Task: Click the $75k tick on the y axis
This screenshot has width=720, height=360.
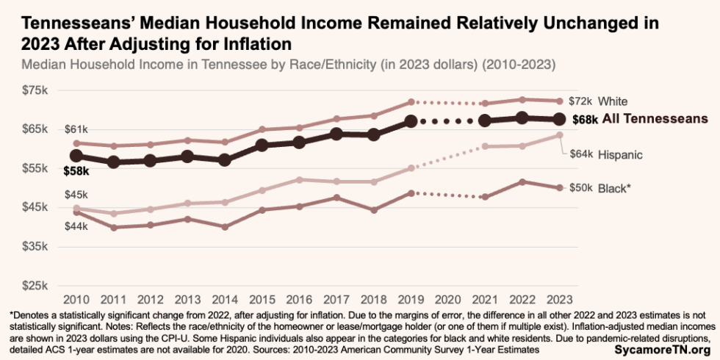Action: point(35,90)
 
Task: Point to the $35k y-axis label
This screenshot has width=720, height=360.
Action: point(35,246)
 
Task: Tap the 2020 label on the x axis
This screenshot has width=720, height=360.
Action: point(449,300)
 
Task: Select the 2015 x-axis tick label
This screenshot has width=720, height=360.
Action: point(262,300)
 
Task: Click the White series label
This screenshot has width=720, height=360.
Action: point(612,101)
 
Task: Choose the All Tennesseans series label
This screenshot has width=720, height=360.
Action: point(655,118)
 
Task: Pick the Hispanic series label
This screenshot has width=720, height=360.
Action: point(620,154)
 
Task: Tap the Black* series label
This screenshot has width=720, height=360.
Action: point(614,188)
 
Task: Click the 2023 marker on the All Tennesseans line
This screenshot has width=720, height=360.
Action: point(559,119)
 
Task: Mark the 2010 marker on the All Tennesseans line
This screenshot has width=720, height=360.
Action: point(76,156)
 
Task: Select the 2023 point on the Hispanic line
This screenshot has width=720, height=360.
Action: point(559,135)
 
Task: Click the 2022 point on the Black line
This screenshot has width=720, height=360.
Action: point(522,181)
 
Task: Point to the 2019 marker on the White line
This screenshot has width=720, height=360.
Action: point(411,101)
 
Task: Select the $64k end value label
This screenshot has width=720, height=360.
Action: point(581,154)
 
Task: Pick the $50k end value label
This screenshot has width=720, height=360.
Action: point(581,188)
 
